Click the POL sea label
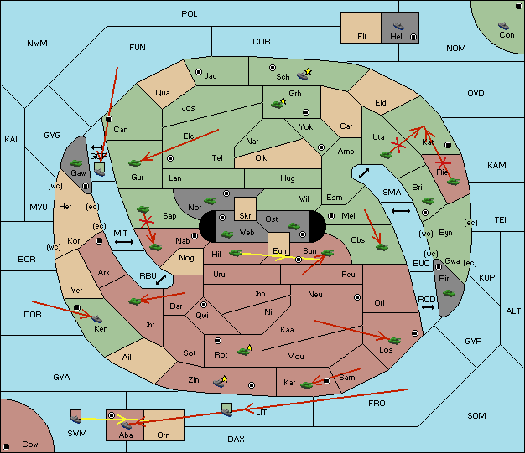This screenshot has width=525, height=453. click(x=190, y=14)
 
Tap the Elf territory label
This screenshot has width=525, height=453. click(x=362, y=37)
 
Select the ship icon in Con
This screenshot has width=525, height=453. click(x=504, y=27)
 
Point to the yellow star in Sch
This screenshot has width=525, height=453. click(x=309, y=72)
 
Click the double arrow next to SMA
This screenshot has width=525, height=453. click(x=401, y=211)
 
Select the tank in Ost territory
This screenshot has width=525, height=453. click(x=294, y=225)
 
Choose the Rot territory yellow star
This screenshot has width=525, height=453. click(x=249, y=347)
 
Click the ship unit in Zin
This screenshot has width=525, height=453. click(x=220, y=382)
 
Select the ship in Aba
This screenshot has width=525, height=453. click(x=126, y=425)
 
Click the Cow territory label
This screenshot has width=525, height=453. click(x=30, y=444)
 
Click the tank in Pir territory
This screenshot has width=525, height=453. click(x=449, y=293)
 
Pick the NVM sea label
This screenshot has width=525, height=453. click(x=37, y=43)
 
